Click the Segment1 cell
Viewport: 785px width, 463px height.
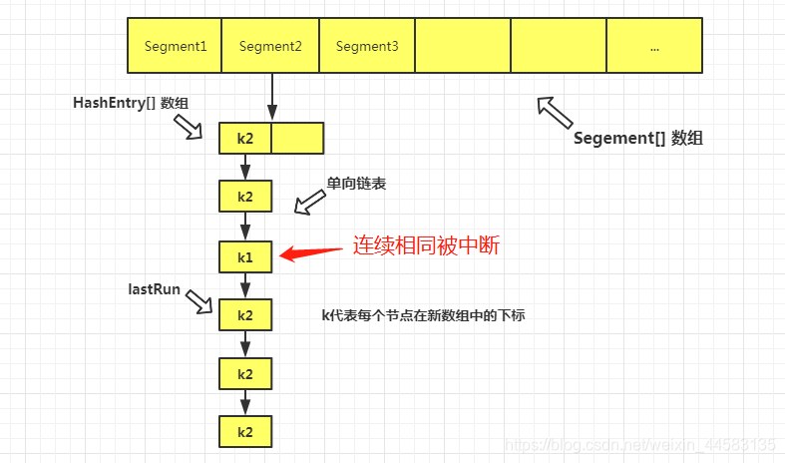(x=175, y=46)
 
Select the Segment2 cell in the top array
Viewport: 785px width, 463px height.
(x=270, y=46)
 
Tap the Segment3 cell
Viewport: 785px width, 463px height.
(x=367, y=46)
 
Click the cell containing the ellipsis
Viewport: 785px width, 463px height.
(x=654, y=46)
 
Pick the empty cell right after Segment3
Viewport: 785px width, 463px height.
(x=463, y=46)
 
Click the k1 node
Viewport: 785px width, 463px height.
(x=245, y=256)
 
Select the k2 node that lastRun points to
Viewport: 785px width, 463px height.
(x=245, y=315)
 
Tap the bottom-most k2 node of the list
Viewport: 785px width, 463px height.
(x=245, y=432)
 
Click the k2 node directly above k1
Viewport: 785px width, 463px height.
(x=245, y=197)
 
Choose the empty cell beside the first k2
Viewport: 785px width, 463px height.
(x=297, y=138)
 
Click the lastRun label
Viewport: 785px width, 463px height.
(x=155, y=288)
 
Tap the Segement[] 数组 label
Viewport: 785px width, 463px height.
(x=638, y=139)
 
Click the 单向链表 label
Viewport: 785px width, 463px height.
(x=356, y=185)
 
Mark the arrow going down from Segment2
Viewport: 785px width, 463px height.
(x=270, y=97)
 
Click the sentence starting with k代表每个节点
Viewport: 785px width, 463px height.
(x=423, y=315)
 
